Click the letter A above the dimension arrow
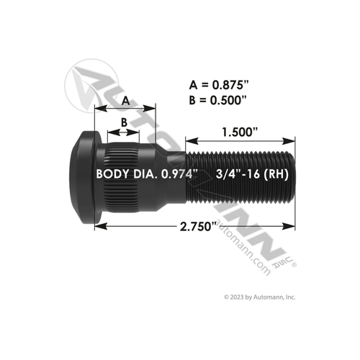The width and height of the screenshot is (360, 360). point(125,99)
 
